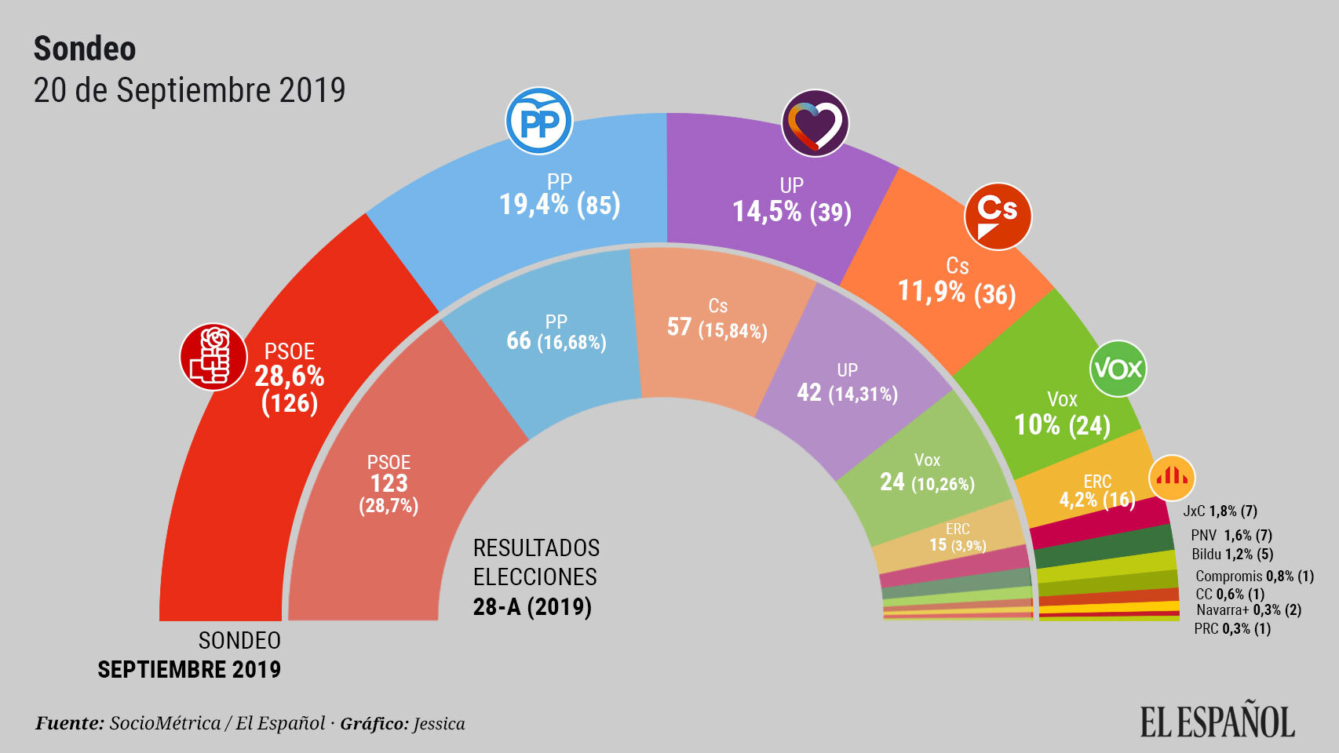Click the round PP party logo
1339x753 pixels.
tap(538, 122)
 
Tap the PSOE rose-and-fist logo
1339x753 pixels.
tap(213, 357)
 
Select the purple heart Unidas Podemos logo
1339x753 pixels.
tap(815, 123)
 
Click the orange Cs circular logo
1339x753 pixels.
tap(998, 216)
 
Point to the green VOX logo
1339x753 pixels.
tap(1118, 368)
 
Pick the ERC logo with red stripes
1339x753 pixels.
tap(1172, 477)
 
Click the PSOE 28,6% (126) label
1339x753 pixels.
tap(290, 377)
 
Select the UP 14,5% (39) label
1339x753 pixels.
tap(791, 201)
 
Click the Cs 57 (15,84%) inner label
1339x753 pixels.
tap(717, 318)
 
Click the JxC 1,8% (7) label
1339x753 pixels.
tap(1220, 511)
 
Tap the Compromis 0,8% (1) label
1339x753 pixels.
tap(1254, 576)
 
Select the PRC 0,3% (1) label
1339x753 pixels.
tap(1231, 628)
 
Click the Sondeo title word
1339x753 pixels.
tap(85, 49)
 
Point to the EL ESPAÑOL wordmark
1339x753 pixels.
tap(1217, 722)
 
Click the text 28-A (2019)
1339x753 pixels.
tap(532, 606)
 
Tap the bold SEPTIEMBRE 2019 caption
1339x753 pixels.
tap(189, 669)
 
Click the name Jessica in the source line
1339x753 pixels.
tap(439, 723)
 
